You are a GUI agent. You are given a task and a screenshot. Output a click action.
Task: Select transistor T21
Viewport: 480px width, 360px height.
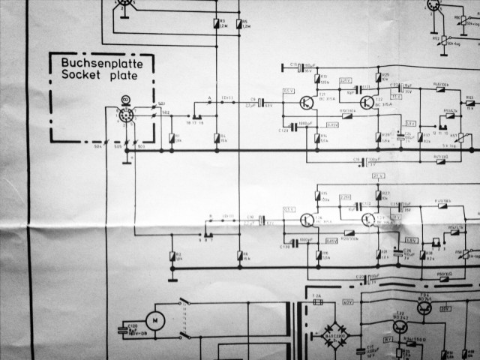click(308, 103)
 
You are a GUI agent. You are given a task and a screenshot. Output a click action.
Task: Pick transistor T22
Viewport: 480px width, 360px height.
click(367, 103)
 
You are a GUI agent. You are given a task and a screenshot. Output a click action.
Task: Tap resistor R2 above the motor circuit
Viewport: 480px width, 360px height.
click(172, 257)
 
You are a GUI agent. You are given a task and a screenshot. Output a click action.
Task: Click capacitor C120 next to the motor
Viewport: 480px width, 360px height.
click(129, 328)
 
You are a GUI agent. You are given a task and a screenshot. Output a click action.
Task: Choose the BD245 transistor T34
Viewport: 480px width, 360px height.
click(424, 309)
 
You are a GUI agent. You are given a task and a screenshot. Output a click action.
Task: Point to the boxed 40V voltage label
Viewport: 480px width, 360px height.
click(347, 302)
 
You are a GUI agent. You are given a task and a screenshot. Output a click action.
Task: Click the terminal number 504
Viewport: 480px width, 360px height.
click(97, 147)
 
